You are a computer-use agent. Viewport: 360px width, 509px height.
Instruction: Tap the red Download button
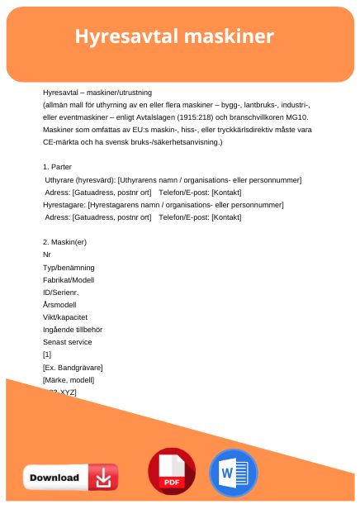coord(70,477)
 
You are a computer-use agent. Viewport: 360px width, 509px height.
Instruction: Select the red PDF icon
coord(171,472)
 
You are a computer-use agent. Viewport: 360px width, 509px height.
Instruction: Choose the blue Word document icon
coord(234,472)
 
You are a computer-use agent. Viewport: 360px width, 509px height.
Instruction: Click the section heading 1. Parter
coord(57,167)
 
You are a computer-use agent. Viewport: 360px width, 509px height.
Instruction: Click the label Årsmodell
coord(59,303)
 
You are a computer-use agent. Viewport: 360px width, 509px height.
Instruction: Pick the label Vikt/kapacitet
coord(65,316)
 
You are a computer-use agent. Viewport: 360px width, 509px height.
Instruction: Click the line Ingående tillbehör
coord(73,329)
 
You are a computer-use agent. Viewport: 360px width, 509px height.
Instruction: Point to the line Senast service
coord(68,341)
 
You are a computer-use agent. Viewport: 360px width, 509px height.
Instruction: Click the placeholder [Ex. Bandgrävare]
coord(73,366)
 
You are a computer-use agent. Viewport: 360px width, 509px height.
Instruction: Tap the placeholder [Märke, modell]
coord(69,378)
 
